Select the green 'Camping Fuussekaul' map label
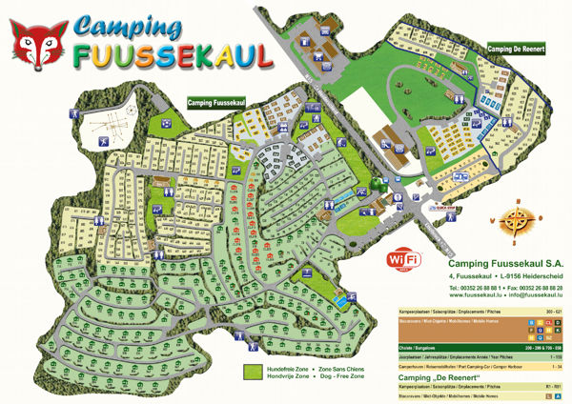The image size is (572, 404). click(x=216, y=102)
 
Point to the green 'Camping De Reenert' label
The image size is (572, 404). click(x=516, y=49)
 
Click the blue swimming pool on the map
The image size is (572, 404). click(x=340, y=302)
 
